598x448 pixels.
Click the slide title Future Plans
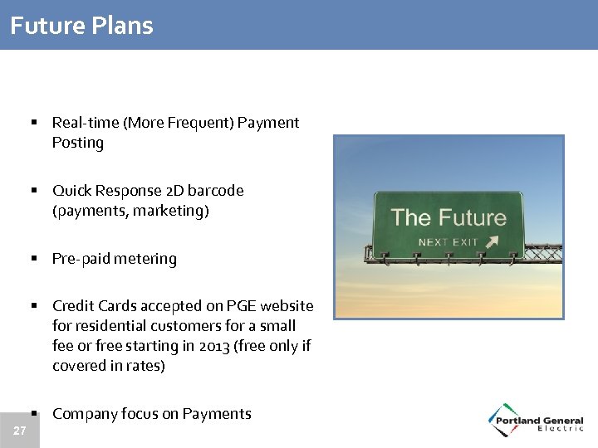(81, 25)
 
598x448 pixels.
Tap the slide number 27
(19, 431)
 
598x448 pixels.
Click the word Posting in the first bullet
(78, 143)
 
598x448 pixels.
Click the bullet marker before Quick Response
(36, 191)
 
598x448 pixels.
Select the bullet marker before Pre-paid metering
(36, 259)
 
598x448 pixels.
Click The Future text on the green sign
(448, 218)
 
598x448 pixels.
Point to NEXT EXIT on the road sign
(448, 242)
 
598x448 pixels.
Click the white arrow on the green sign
(493, 241)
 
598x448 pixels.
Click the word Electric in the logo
(561, 428)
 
